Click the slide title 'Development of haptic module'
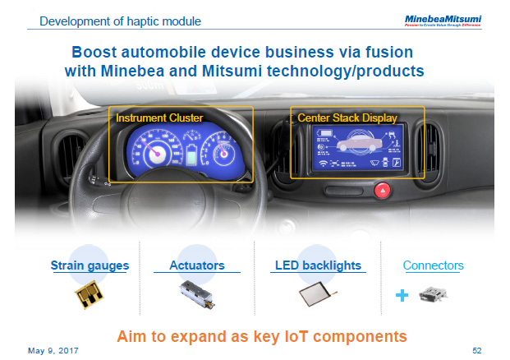120,20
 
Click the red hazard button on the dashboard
382,191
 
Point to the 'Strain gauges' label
89,265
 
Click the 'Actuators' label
196,265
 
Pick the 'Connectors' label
433,265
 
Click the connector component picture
434,297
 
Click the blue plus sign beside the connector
402,294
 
